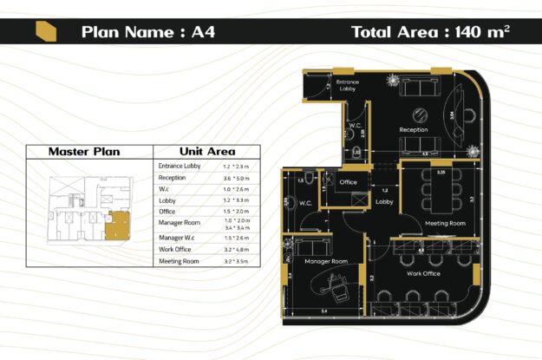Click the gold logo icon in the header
(44, 32)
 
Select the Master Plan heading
(84, 151)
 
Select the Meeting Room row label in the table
(179, 261)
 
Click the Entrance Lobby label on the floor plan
(348, 84)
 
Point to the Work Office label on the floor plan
(423, 273)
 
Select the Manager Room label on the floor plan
(325, 261)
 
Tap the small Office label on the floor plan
(348, 182)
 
